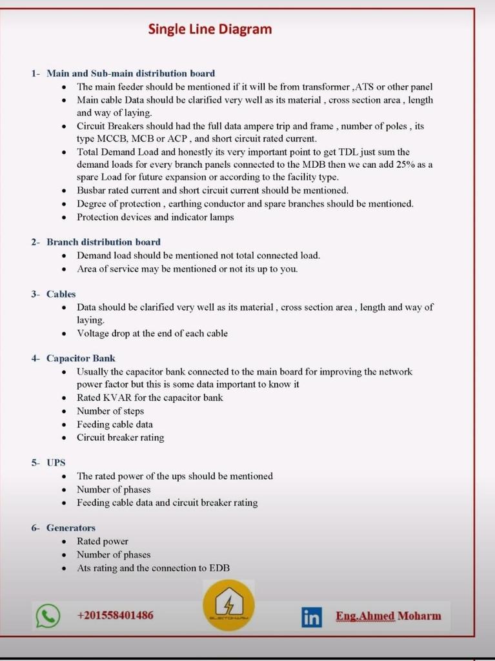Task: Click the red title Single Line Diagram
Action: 210,29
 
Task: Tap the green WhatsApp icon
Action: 48,616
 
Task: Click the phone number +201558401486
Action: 115,615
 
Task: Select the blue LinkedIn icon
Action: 311,617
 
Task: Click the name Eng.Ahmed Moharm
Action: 388,616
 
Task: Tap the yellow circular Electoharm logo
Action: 228,605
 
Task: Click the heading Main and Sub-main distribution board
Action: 130,74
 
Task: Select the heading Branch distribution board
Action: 103,242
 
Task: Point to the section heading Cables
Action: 61,294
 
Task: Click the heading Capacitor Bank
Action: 81,358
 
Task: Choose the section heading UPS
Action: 56,463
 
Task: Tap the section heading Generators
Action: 70,528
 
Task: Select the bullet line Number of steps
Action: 110,411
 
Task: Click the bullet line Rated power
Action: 103,542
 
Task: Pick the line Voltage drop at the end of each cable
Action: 152,334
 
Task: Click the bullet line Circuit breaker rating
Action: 120,438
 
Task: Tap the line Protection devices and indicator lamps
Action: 155,218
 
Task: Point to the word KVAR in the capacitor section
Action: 117,398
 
